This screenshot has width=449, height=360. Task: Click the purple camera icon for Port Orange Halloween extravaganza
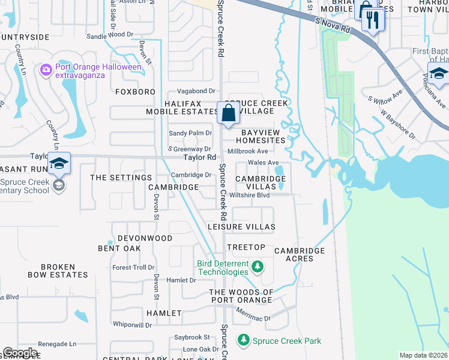pyautogui.click(x=46, y=71)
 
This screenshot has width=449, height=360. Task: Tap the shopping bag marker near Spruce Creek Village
pyautogui.click(x=228, y=113)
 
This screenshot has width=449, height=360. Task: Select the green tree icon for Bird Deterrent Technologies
pyautogui.click(x=257, y=266)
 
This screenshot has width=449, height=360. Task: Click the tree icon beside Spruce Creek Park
pyautogui.click(x=243, y=341)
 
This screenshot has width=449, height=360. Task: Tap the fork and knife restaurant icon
pyautogui.click(x=373, y=20)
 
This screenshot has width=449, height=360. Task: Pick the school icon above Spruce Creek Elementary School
pyautogui.click(x=59, y=163)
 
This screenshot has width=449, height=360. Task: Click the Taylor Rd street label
pyautogui.click(x=199, y=157)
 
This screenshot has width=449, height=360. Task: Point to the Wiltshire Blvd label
pyautogui.click(x=250, y=195)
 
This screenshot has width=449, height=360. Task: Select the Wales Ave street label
pyautogui.click(x=264, y=163)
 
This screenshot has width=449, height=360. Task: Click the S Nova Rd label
pyautogui.click(x=333, y=25)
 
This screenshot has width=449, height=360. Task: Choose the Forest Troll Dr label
pyautogui.click(x=133, y=268)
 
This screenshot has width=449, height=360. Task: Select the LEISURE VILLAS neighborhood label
pyautogui.click(x=241, y=227)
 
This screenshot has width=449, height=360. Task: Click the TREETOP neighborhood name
pyautogui.click(x=246, y=247)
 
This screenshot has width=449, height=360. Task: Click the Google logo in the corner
pyautogui.click(x=20, y=353)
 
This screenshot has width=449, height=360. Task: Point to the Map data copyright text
pyautogui.click(x=423, y=355)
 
